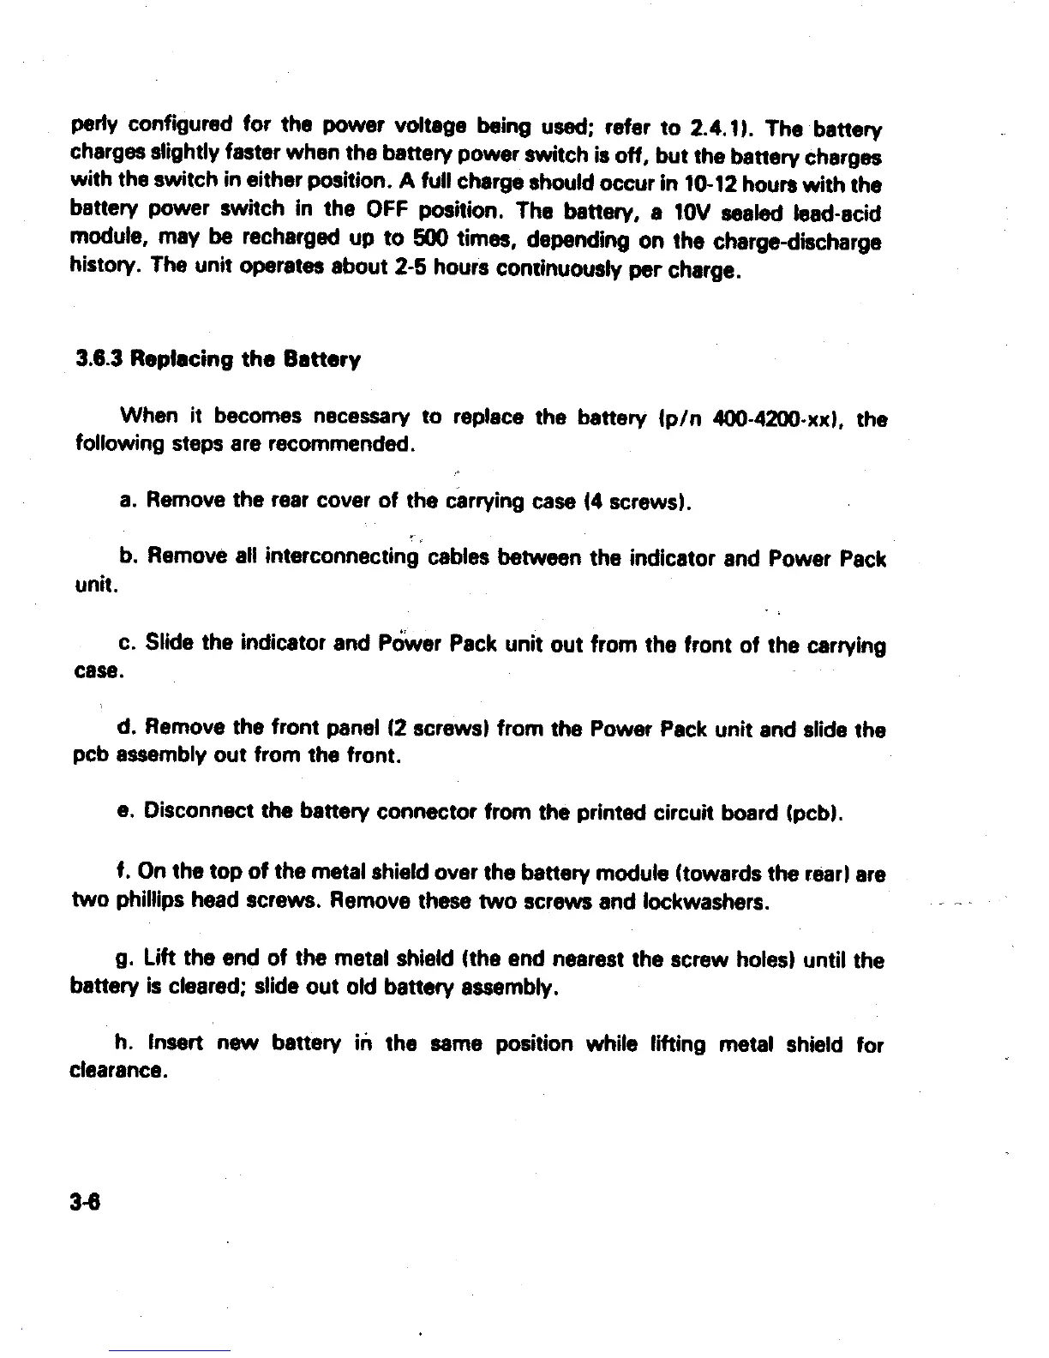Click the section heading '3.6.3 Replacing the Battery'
218,359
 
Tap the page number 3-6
87,1202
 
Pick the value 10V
692,213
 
